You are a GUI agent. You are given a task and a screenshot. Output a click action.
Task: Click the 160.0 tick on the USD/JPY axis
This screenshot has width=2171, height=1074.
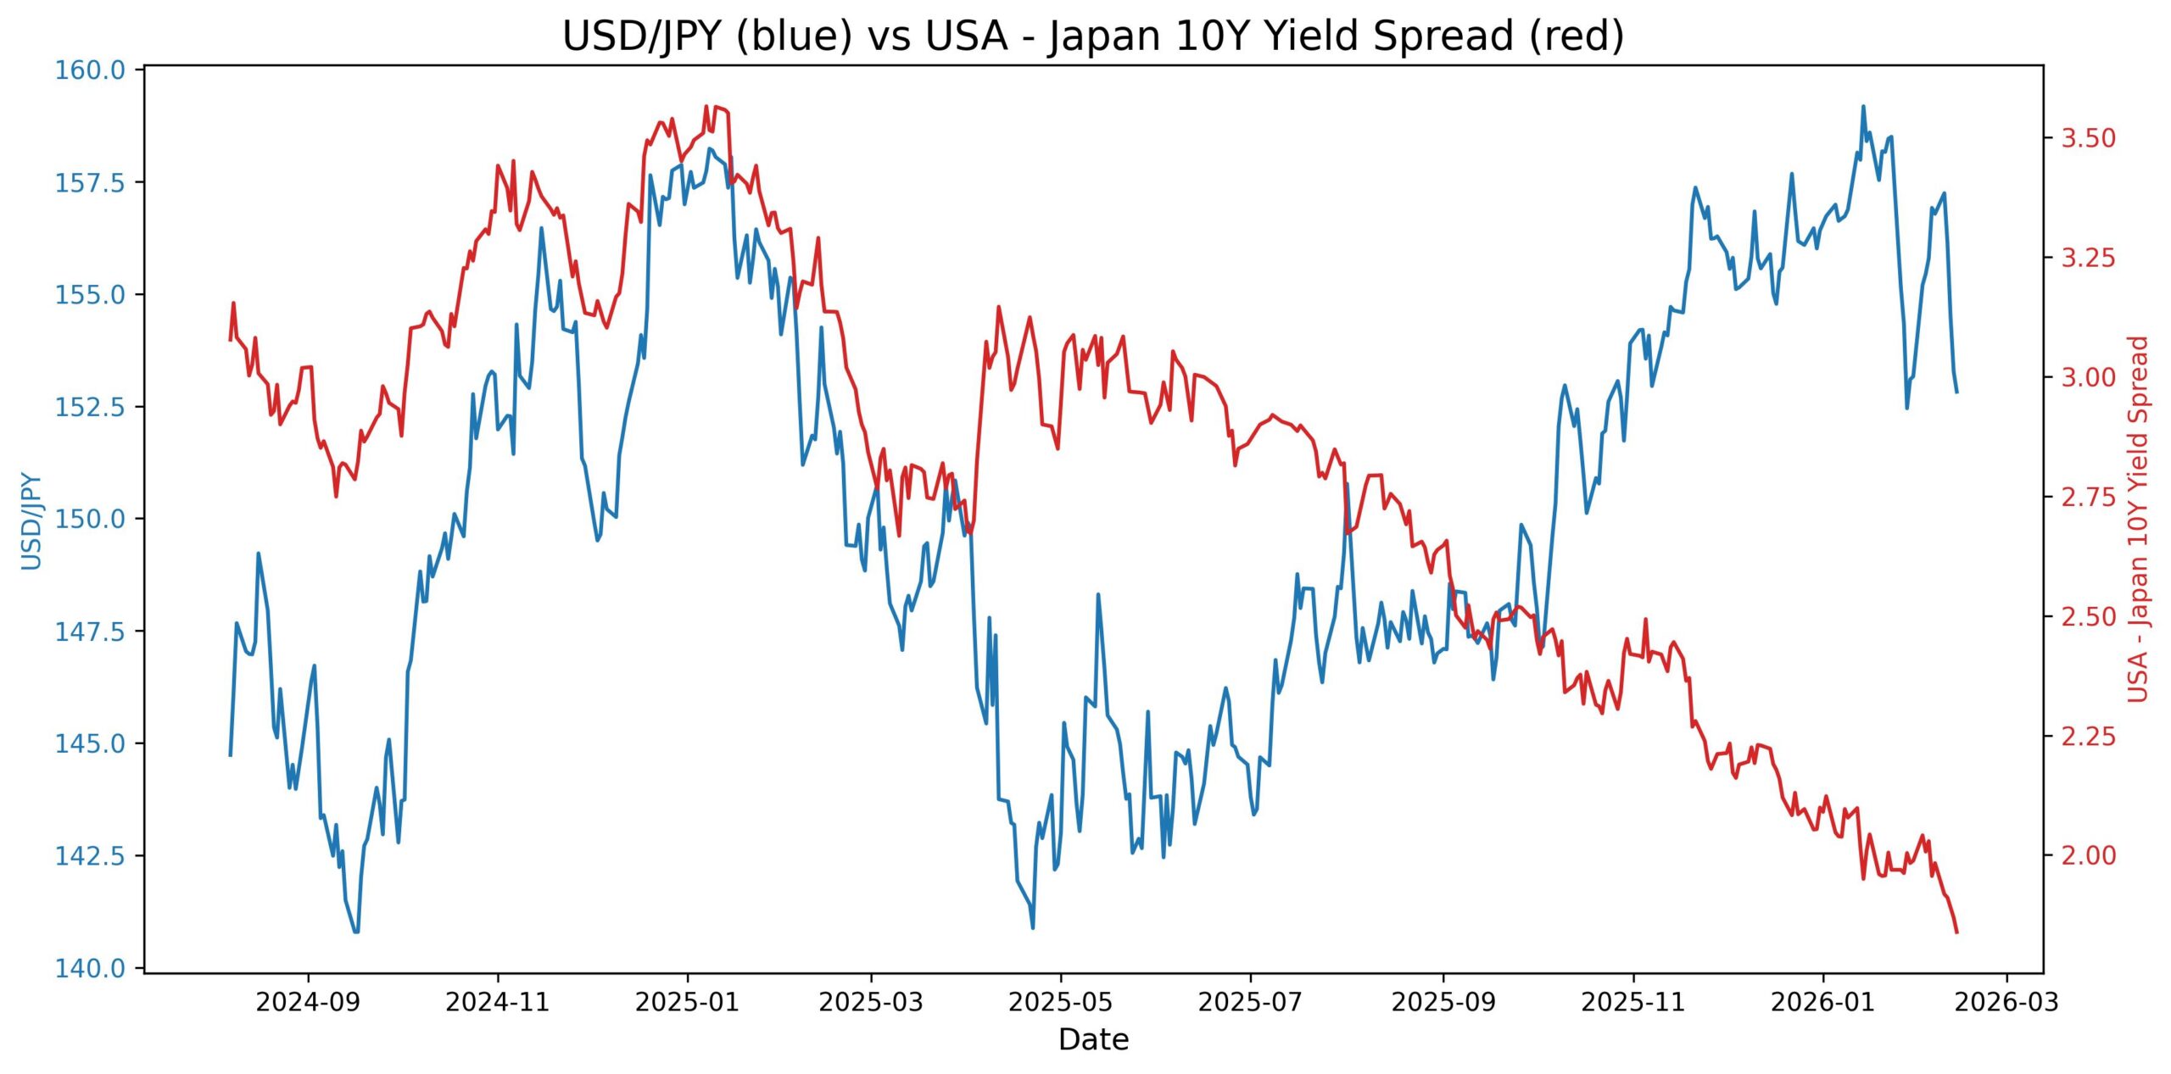click(x=90, y=70)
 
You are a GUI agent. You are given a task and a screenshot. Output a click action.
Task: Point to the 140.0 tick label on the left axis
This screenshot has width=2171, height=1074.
click(x=90, y=968)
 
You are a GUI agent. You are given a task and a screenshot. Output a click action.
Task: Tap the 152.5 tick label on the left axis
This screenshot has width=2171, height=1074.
click(x=90, y=407)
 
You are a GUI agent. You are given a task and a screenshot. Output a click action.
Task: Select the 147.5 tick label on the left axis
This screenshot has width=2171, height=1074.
click(x=90, y=632)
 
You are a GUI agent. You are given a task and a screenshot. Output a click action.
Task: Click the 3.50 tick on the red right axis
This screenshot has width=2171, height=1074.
click(x=2088, y=137)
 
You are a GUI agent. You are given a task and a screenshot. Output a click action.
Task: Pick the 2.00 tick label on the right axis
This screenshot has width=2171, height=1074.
click(x=2088, y=855)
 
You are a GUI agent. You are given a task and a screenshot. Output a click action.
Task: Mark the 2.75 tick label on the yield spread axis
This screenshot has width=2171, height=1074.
click(x=2088, y=497)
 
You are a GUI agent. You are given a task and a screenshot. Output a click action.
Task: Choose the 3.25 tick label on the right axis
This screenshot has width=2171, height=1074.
click(x=2088, y=258)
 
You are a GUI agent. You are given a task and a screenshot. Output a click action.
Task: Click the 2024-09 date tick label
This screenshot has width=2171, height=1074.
click(x=308, y=1002)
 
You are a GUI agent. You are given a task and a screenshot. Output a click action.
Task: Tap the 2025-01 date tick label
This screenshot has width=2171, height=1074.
click(x=687, y=1002)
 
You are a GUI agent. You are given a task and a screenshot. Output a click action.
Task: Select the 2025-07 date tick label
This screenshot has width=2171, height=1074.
click(x=1250, y=1002)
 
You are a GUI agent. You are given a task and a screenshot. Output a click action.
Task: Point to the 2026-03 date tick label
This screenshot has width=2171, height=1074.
click(x=2006, y=1002)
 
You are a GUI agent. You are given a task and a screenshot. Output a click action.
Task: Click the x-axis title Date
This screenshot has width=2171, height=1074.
click(x=1093, y=1039)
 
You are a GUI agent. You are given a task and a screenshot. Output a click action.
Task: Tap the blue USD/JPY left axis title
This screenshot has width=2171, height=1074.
click(x=31, y=520)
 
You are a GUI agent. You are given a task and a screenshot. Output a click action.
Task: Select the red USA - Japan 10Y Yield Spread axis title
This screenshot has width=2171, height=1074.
click(x=2139, y=519)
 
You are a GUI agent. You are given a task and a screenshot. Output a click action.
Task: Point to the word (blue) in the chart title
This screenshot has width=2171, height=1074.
click(x=793, y=37)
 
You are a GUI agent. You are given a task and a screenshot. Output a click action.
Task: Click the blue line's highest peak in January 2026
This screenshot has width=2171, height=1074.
click(x=1863, y=107)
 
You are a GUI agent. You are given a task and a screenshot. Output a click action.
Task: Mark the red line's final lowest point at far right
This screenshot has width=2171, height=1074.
click(x=1956, y=932)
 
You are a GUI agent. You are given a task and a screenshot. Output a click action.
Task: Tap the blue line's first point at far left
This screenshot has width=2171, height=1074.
click(x=230, y=755)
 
